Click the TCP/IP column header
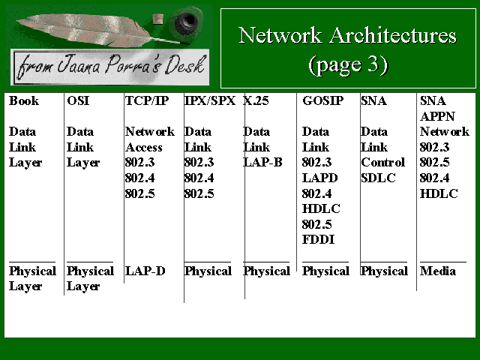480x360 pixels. (147, 100)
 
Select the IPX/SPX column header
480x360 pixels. (210, 100)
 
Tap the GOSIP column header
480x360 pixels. (323, 100)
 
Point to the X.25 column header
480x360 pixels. (256, 100)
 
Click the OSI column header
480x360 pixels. (78, 100)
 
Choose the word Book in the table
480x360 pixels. (24, 100)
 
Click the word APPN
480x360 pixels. (437, 116)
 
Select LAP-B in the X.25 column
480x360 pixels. (262, 162)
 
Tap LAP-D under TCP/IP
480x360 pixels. (145, 271)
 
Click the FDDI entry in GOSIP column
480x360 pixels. (318, 239)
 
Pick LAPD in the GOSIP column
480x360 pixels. (320, 178)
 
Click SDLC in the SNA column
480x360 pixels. (378, 178)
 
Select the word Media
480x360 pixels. (438, 271)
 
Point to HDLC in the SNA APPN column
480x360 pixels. (439, 193)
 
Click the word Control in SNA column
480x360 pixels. (383, 162)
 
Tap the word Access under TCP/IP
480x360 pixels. (143, 147)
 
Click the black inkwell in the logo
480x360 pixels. (186, 22)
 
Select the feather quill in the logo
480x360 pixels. (91, 30)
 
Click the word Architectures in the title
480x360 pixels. (393, 35)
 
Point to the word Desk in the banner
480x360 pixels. (184, 64)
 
